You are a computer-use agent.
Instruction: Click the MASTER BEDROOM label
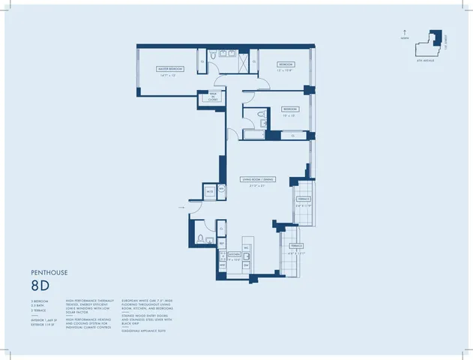(x=170, y=68)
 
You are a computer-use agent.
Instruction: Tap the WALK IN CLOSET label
(x=202, y=96)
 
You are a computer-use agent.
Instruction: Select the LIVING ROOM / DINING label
(x=256, y=179)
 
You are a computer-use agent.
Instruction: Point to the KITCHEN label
(x=234, y=256)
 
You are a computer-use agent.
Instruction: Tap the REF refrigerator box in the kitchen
(x=222, y=244)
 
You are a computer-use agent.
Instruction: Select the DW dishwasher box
(x=246, y=265)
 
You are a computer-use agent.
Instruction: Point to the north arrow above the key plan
(x=406, y=32)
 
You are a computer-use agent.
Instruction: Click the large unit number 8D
(x=42, y=286)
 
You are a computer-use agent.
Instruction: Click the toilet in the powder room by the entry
(x=200, y=239)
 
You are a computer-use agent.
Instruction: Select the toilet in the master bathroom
(x=214, y=55)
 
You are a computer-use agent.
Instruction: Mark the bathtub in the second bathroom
(x=250, y=135)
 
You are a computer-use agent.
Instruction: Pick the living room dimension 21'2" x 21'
(x=255, y=185)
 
